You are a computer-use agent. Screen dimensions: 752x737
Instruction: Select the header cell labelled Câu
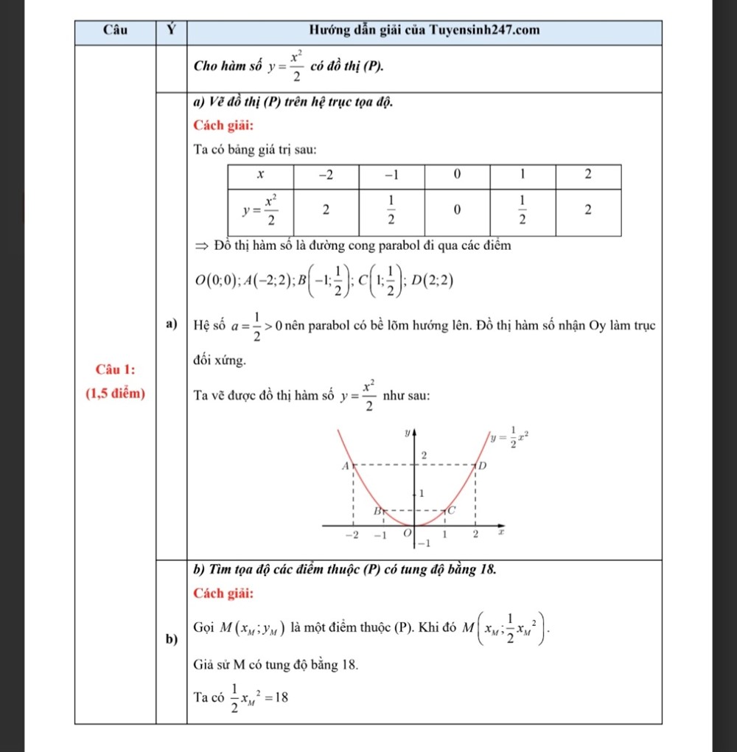click(114, 31)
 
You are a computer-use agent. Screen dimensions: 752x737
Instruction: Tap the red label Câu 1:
click(114, 367)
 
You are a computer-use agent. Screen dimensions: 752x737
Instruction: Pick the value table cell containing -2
click(325, 175)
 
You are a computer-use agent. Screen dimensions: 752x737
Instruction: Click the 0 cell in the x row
click(456, 175)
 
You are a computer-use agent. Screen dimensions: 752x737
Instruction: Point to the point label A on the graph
click(344, 467)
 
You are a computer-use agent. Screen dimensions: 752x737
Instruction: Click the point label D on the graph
click(483, 467)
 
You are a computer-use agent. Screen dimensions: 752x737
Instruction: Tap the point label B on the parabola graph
click(375, 509)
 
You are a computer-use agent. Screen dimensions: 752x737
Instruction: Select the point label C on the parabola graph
click(453, 509)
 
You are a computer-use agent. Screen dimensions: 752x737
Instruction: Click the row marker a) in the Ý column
click(170, 324)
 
